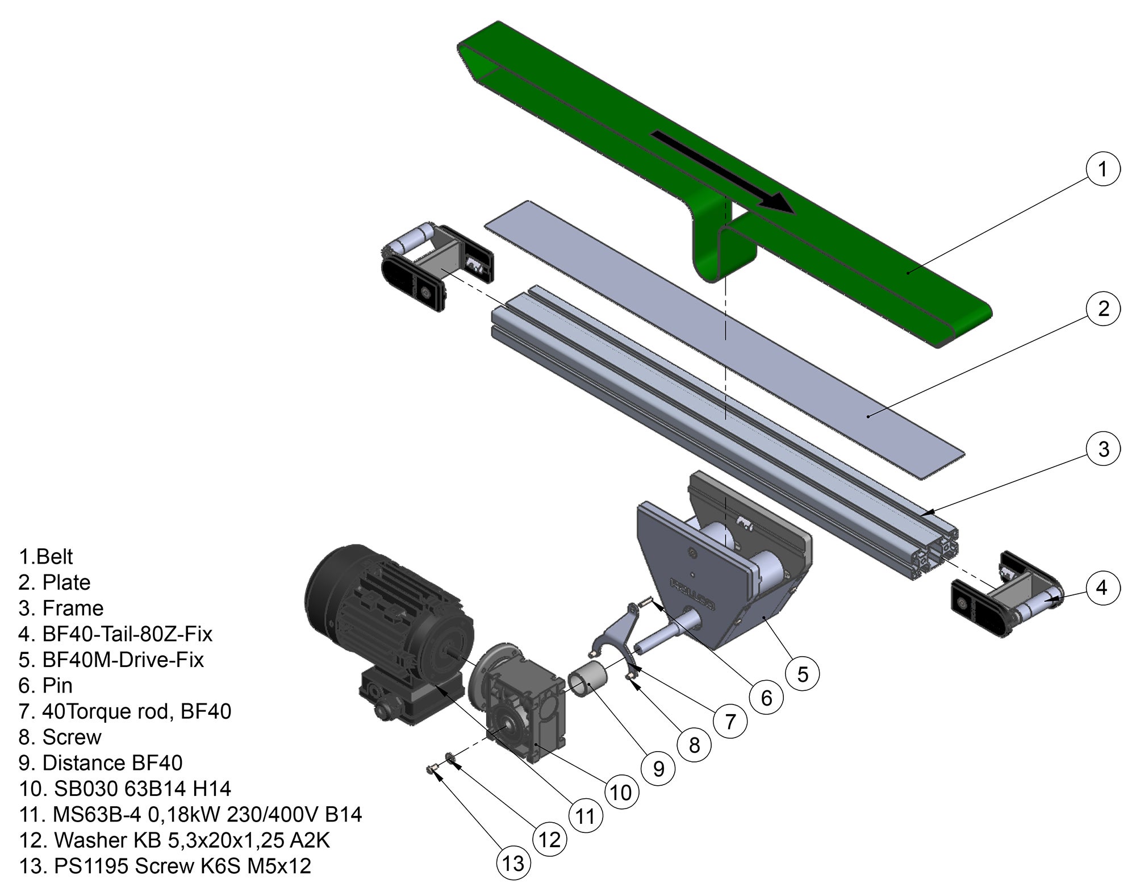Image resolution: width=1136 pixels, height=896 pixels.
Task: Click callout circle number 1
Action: point(1102,169)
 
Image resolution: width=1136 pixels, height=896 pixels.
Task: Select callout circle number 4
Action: point(1101,588)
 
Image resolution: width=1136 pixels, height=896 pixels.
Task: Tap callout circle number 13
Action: point(513,864)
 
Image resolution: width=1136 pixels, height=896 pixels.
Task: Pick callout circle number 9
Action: point(658,769)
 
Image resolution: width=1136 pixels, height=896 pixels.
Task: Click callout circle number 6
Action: point(766,698)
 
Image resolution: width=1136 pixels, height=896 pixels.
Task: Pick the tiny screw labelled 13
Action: point(431,770)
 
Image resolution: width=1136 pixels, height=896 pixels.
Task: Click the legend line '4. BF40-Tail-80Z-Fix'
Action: point(115,634)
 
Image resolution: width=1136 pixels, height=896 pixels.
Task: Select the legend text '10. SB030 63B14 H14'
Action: point(125,789)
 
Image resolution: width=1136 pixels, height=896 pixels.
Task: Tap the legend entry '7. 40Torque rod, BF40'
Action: point(125,711)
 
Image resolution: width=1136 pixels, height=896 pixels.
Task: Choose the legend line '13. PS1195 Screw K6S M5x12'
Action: point(165,866)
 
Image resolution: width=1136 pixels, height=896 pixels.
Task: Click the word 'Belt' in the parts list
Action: point(54,557)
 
